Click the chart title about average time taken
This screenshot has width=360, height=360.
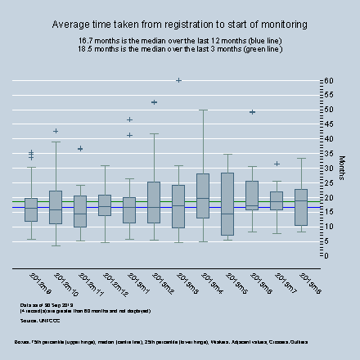click(180, 25)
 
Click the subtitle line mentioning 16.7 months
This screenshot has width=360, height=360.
click(180, 40)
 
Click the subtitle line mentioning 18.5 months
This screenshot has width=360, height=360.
click(180, 49)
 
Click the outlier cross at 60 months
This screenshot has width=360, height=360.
click(178, 80)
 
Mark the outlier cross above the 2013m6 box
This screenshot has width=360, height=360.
click(252, 112)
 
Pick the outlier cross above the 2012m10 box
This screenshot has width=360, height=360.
click(56, 131)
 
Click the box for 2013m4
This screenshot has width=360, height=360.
click(203, 196)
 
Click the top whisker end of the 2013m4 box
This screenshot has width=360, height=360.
click(203, 110)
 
